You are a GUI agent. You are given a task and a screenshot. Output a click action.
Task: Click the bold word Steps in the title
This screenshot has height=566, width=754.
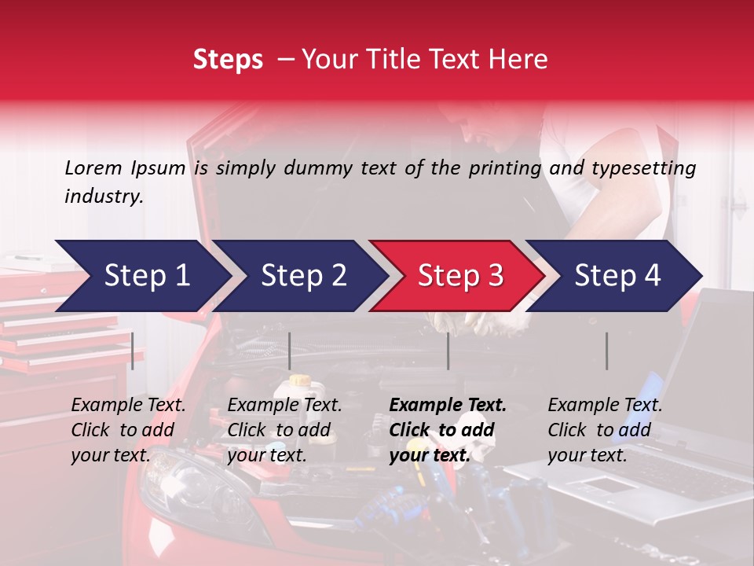pos(228,60)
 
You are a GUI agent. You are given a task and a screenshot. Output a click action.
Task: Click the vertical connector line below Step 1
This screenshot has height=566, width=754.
pos(133,351)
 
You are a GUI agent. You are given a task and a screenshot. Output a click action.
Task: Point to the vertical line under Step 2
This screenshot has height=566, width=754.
pos(290,351)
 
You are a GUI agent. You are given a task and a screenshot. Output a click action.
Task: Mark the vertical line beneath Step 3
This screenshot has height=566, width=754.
pos(448,351)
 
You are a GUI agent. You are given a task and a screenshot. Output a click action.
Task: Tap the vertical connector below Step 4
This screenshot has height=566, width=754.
pos(606,351)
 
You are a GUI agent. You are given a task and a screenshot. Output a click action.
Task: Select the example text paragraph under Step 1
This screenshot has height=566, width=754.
pos(128,429)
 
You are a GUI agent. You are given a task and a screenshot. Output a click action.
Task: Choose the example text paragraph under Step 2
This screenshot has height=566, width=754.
pos(284,429)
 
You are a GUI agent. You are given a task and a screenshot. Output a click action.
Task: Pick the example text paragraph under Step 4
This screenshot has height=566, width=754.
pos(605,429)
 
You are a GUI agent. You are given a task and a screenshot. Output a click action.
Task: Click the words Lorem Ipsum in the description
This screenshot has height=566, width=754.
pos(125,168)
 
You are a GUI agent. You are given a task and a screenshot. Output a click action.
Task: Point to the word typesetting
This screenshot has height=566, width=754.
pos(643,168)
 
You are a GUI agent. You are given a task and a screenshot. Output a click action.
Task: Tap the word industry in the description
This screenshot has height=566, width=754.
pos(103,197)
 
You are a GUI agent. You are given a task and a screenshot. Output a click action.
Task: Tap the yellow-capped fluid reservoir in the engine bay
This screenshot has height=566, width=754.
pos(299,390)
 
